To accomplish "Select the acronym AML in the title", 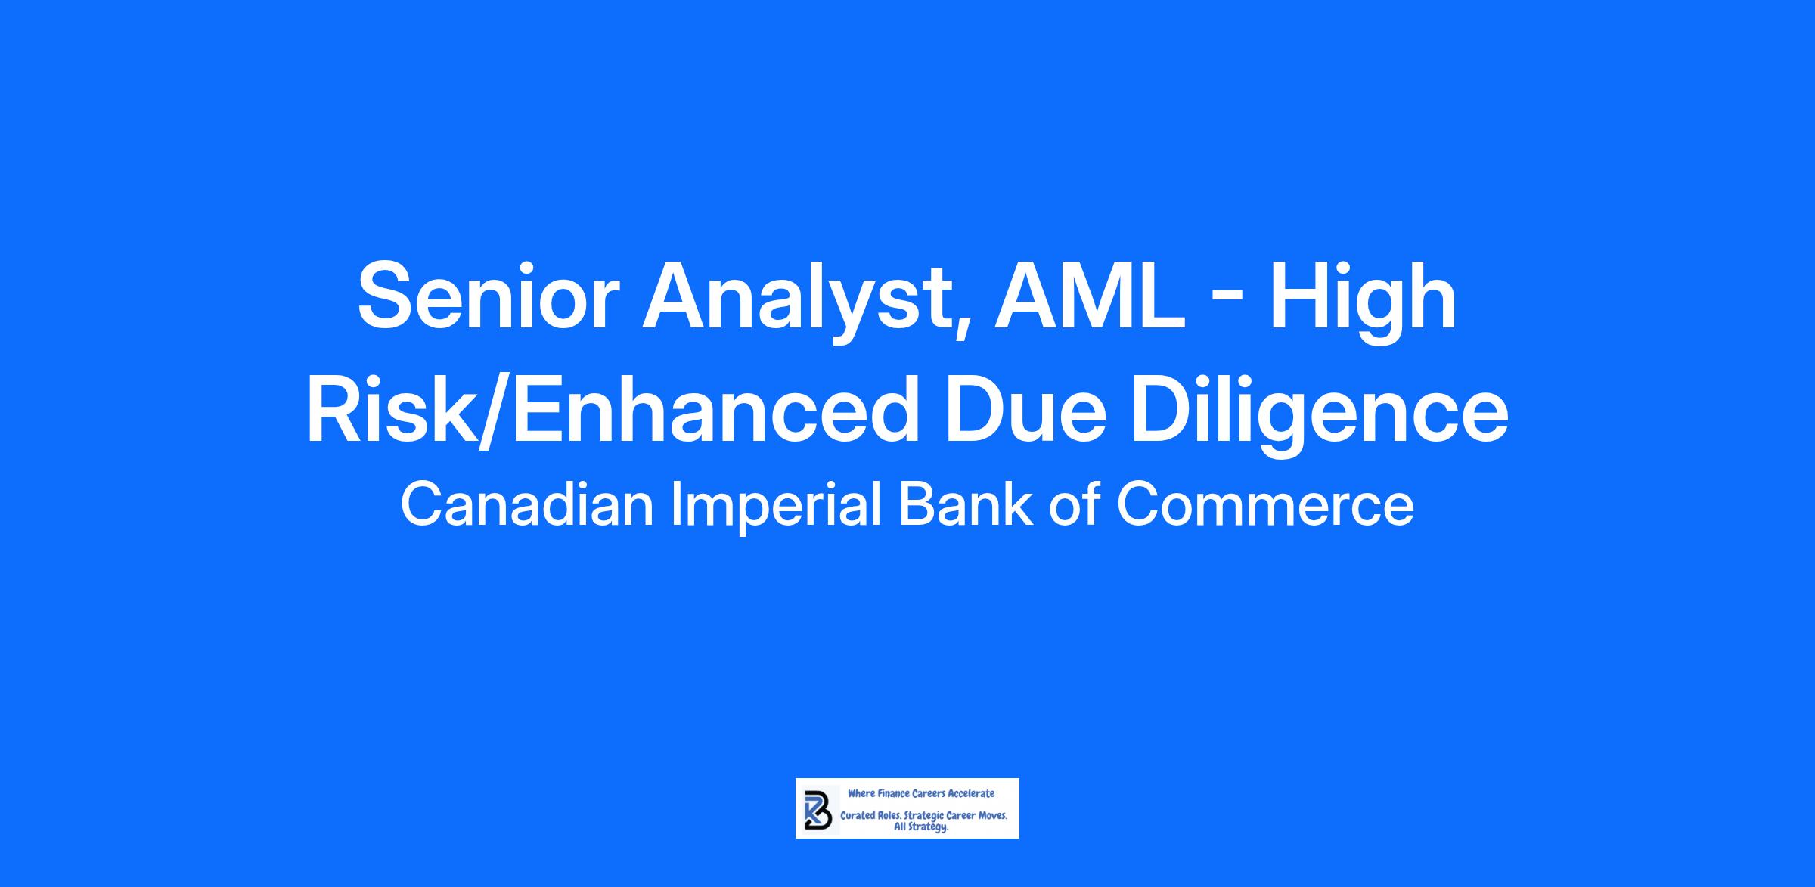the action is [1089, 296].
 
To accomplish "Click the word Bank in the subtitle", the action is [965, 505].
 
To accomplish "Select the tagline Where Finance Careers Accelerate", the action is [921, 794].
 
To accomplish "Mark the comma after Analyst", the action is [961, 331].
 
